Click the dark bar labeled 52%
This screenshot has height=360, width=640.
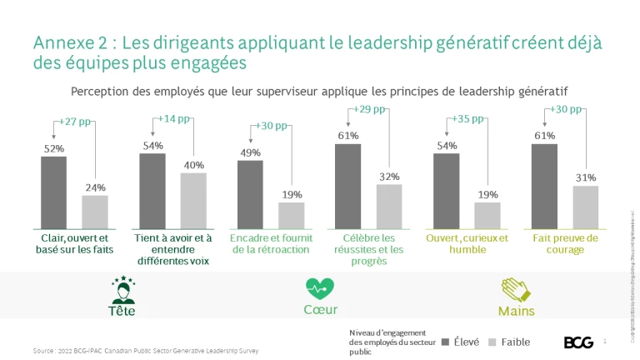[x=54, y=192]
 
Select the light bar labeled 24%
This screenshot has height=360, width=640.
[x=95, y=211]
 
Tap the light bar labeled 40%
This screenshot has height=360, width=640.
[x=193, y=200]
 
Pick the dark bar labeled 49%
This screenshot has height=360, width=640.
[x=250, y=193]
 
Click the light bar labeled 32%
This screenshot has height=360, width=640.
[x=390, y=206]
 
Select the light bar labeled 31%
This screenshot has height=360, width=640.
[x=586, y=207]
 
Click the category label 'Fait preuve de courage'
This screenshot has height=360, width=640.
[x=566, y=244]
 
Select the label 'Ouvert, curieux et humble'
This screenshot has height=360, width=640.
[x=467, y=244]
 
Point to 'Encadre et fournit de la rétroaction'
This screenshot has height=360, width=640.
[x=270, y=244]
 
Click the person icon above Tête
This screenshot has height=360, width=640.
[x=122, y=288]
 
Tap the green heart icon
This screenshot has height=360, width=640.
[x=320, y=289]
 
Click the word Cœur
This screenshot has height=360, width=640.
[x=320, y=310]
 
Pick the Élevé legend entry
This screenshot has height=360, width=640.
[x=461, y=342]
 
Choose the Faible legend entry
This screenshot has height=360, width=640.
[x=508, y=342]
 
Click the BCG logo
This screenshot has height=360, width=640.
[x=578, y=342]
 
